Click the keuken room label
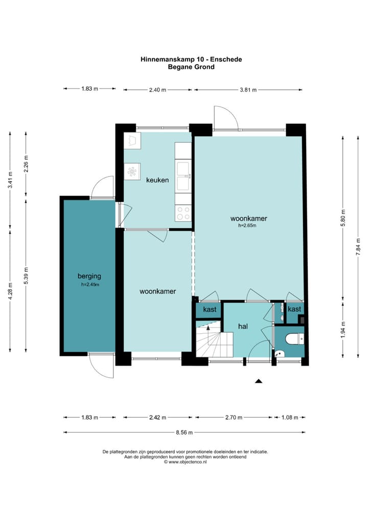[157, 180]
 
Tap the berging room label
[89, 276]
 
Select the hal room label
[243, 327]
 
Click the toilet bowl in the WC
[294, 339]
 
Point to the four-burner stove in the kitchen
[183, 213]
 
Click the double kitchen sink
[183, 177]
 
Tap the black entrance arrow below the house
[259, 381]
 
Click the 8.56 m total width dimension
[184, 432]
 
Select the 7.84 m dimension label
[358, 247]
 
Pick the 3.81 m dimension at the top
[248, 90]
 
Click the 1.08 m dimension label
[290, 417]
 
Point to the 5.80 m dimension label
[343, 218]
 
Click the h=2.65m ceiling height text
[247, 226]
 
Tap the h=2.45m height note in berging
[90, 285]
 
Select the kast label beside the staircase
[210, 310]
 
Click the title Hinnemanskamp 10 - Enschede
[191, 59]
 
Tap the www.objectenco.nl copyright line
[185, 462]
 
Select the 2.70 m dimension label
[234, 417]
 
